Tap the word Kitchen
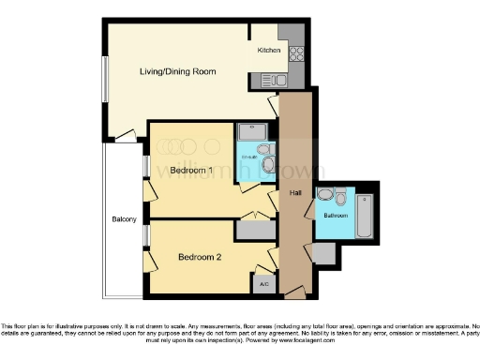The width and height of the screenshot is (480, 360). pyautogui.click(x=269, y=50)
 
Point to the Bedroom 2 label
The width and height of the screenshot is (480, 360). pyautogui.click(x=198, y=256)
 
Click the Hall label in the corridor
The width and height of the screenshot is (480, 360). pyautogui.click(x=295, y=192)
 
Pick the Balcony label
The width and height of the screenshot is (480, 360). pyautogui.click(x=125, y=219)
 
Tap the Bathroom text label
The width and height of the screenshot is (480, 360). pyautogui.click(x=335, y=215)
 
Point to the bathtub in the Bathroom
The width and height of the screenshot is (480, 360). pyautogui.click(x=366, y=215)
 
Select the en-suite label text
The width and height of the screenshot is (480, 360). pyautogui.click(x=248, y=157)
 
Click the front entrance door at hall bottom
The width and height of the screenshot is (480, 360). pyautogui.click(x=294, y=294)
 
